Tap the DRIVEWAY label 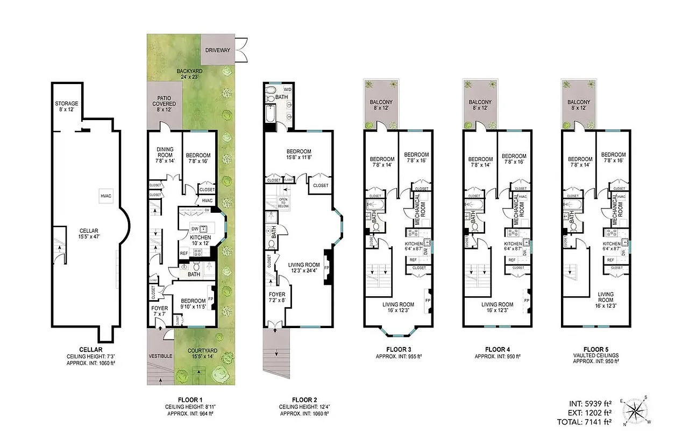pyautogui.click(x=218, y=51)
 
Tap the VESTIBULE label pyautogui.click(x=160, y=357)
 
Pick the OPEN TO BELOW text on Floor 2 pyautogui.click(x=283, y=203)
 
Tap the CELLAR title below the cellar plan pyautogui.click(x=83, y=349)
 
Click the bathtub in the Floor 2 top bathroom pyautogui.click(x=271, y=114)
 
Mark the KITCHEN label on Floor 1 pyautogui.click(x=200, y=240)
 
